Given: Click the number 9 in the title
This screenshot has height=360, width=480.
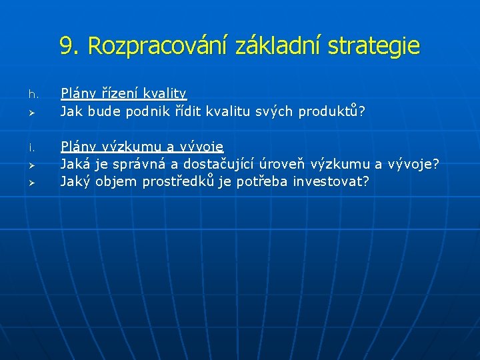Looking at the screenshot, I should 66,46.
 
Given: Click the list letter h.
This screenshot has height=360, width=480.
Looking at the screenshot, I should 30,94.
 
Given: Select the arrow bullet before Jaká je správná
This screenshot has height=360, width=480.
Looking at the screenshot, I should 30,164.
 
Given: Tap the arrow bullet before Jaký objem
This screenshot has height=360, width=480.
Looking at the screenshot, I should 30,181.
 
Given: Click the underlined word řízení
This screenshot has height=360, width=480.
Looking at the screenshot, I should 119,94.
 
